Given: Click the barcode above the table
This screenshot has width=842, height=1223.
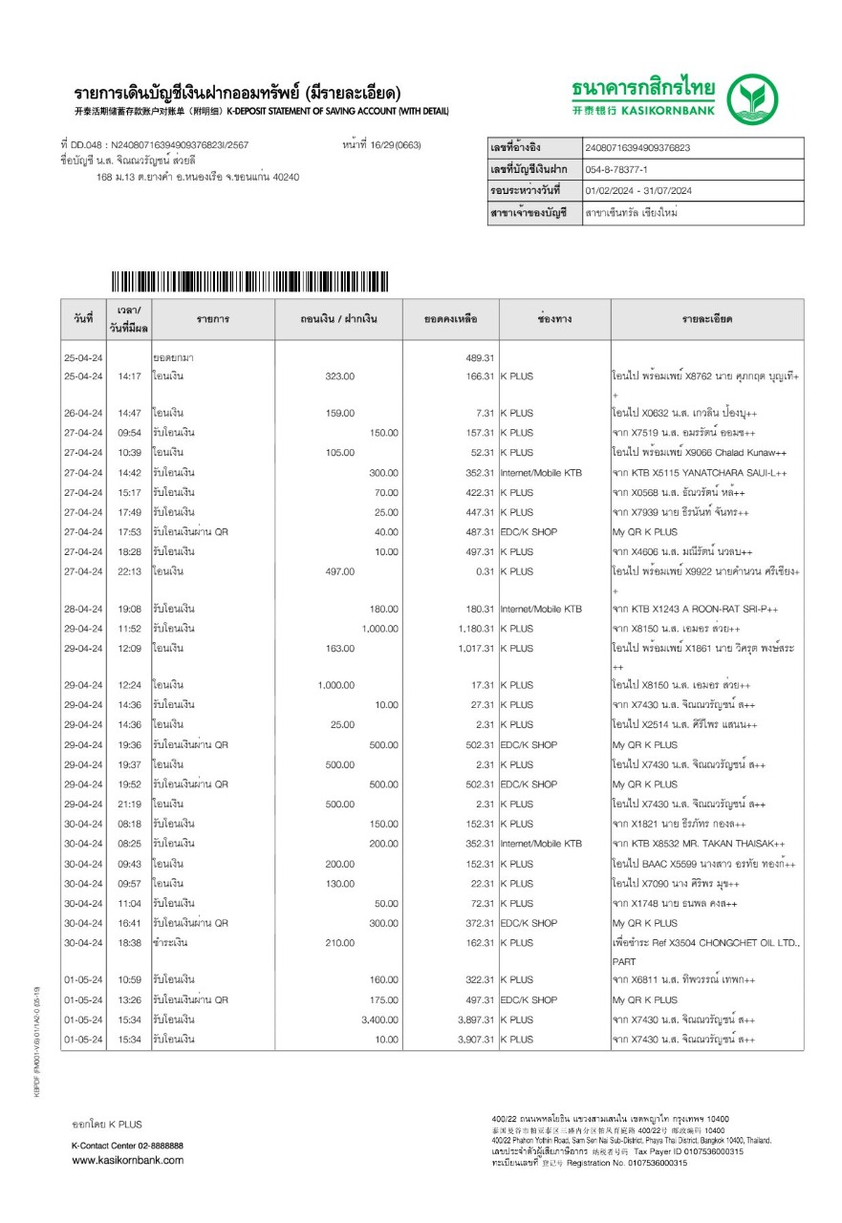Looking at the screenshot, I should point(249,282).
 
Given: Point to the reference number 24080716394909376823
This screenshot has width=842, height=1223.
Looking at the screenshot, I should point(637,148).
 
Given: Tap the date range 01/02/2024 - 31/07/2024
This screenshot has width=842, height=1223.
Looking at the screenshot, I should point(637,191).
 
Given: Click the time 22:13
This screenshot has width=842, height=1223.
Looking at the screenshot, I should point(129,571).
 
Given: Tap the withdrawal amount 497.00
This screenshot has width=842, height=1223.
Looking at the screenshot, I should point(339,571).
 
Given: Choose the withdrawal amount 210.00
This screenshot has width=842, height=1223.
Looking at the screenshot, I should point(339,943).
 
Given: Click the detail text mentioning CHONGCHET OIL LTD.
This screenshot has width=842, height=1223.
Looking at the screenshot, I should point(706,943).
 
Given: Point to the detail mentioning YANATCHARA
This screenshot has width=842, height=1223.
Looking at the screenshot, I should point(700,472).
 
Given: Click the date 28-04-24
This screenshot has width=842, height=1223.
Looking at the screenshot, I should point(82,609).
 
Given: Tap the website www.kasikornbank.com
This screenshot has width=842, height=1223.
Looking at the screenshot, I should point(128,1160).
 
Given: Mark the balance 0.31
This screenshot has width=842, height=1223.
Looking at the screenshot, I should point(484,571).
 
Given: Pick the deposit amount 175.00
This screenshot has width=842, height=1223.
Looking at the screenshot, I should point(383,999).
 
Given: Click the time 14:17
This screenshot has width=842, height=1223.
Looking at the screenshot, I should point(129,376).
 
